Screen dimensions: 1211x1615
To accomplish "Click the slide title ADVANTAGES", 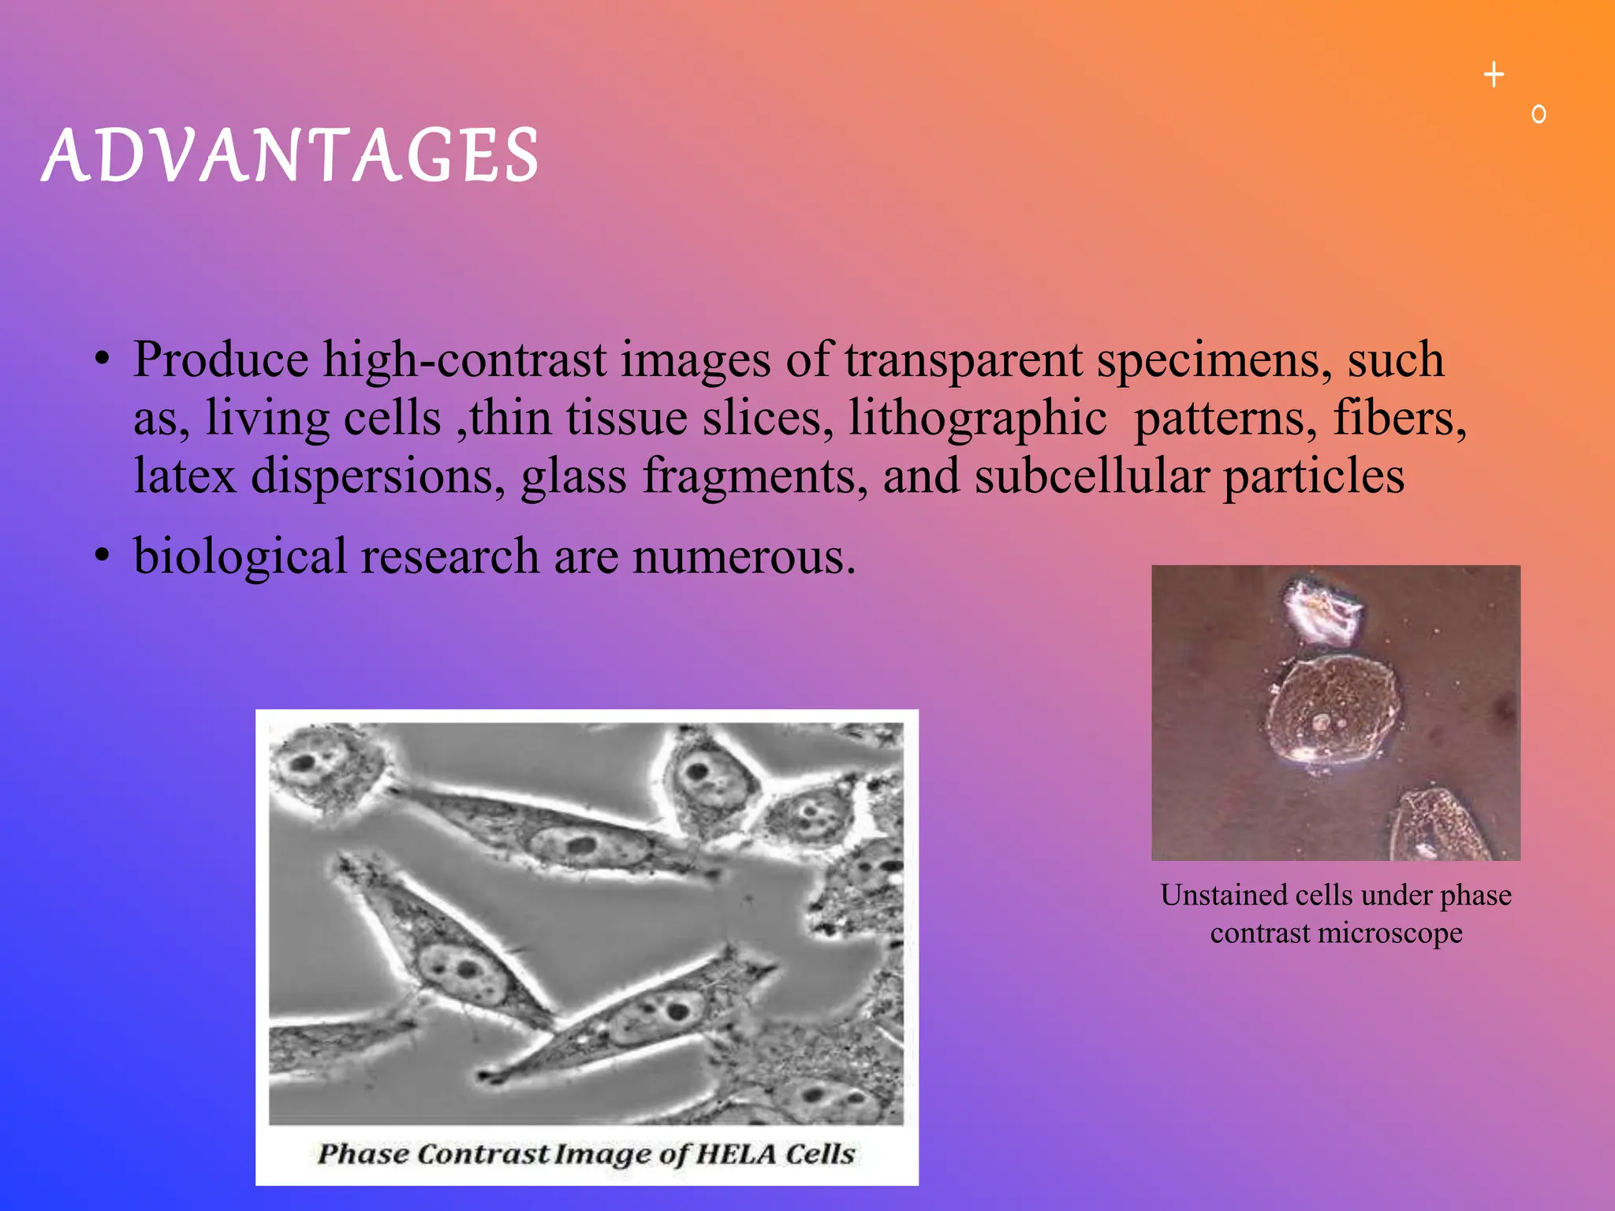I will coord(290,155).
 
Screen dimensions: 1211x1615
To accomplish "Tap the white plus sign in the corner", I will coord(1494,76).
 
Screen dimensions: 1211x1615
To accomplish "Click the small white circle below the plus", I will coord(1539,114).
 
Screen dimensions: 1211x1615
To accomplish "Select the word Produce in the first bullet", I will coord(221,360).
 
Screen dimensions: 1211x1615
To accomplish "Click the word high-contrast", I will coord(464,360).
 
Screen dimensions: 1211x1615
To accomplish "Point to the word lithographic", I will coord(977,419).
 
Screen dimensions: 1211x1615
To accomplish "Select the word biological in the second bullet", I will coord(240,557).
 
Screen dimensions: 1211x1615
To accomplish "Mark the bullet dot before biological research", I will coord(102,557).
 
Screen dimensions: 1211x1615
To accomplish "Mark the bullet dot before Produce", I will coord(102,360).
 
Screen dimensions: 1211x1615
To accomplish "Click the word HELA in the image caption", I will coord(736,1153).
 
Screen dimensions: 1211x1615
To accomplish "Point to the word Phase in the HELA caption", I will coord(363,1153).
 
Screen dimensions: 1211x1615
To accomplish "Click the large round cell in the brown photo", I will coord(1333,710).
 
